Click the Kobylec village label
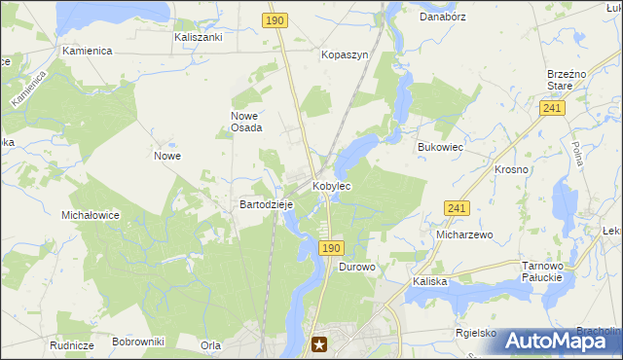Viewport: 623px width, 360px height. coord(331,185)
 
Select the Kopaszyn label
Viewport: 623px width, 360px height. coord(345,55)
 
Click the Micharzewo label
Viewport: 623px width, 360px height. coord(465,234)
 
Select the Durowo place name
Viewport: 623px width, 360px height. coord(357,267)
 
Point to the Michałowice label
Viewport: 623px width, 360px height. coord(90,215)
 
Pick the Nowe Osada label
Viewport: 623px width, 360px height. coord(246,122)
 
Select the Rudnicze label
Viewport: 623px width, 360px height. coord(71,345)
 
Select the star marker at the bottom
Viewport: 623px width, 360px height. coord(319,342)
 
